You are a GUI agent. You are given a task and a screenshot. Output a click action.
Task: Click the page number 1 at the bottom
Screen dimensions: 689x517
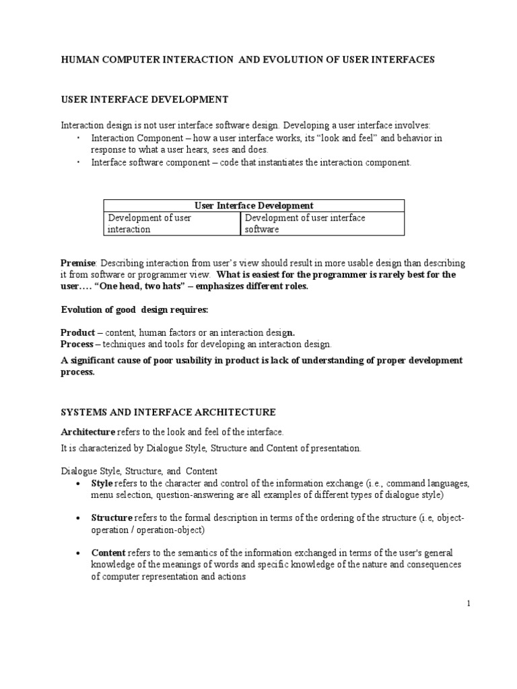(x=468, y=604)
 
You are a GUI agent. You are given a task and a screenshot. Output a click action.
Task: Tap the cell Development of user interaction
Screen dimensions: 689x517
(x=149, y=223)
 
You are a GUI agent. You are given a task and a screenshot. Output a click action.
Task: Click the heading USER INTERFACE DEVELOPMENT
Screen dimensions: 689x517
(x=145, y=100)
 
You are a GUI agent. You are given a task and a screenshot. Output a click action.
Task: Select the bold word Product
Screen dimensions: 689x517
(x=77, y=332)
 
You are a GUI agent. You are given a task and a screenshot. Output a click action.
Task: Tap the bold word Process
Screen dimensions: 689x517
(x=77, y=344)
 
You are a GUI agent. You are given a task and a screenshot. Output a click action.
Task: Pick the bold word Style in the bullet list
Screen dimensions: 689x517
(x=102, y=484)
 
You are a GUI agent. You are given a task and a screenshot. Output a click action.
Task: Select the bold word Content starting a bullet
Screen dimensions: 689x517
(x=108, y=553)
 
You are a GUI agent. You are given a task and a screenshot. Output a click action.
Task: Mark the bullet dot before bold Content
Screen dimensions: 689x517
(x=79, y=553)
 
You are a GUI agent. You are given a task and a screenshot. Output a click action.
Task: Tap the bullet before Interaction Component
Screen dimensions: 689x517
(x=79, y=137)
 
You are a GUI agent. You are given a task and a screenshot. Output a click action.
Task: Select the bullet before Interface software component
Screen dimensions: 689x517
(x=79, y=162)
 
